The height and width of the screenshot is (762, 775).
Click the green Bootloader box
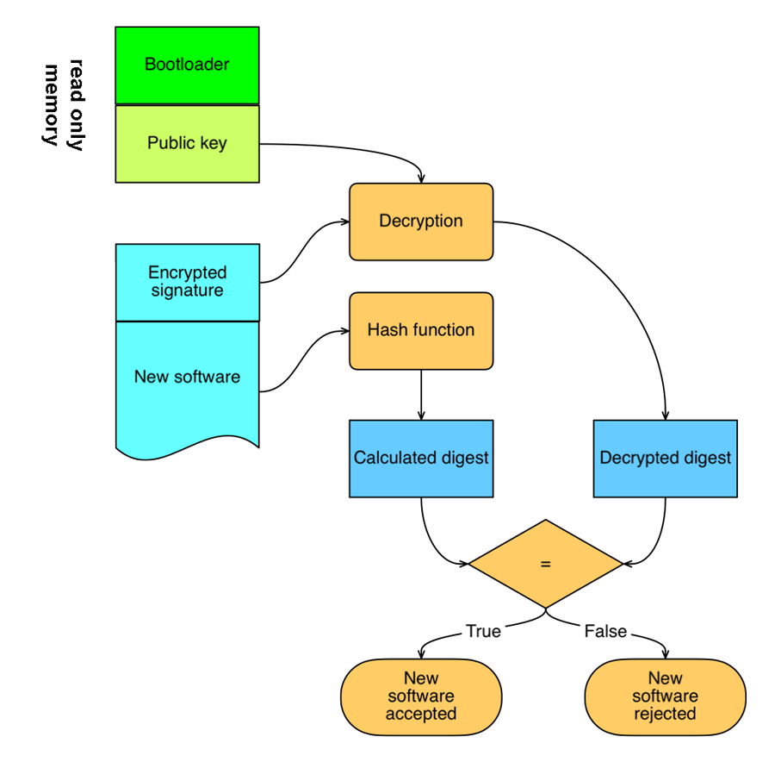point(187,66)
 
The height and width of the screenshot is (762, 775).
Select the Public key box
point(187,143)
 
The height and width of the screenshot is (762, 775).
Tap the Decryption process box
point(421,222)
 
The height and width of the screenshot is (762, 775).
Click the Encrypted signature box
point(188,282)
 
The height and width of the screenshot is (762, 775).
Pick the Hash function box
point(421,330)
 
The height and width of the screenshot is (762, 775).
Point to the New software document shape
point(188,386)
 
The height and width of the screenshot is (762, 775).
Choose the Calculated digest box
point(421,459)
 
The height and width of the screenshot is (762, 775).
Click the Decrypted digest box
point(666,459)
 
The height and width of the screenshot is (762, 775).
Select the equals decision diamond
point(546,564)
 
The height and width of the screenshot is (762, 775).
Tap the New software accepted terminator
point(421,696)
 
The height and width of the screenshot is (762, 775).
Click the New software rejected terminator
point(666,696)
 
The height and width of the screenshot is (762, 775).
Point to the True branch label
point(483,631)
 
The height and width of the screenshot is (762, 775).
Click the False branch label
point(605,631)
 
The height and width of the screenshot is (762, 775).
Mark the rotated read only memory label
point(65,105)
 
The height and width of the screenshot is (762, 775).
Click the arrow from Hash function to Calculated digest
point(421,395)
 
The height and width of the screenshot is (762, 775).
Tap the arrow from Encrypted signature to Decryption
point(305,253)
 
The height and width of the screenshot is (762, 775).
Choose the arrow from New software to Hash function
point(305,361)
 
